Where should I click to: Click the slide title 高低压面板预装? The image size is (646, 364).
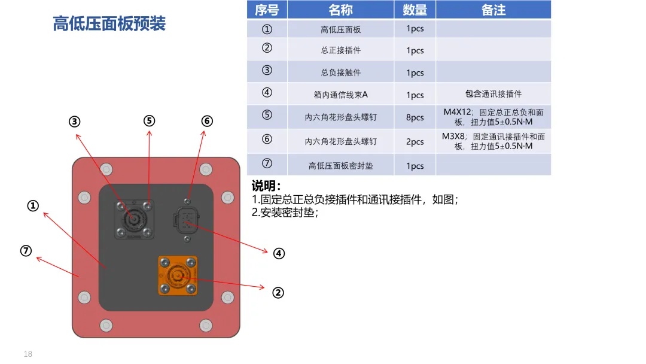[x=109, y=24]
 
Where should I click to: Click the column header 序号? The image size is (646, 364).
[x=267, y=10]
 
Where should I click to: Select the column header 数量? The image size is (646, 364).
[x=415, y=10]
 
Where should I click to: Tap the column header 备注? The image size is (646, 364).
[x=493, y=10]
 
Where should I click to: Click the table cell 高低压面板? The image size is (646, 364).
[x=340, y=29]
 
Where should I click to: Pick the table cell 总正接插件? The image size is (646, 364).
[x=340, y=50]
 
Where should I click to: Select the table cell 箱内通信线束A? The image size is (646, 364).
[x=340, y=95]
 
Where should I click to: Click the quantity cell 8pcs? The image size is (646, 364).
[x=415, y=117]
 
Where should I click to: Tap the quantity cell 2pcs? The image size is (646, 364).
[x=415, y=142]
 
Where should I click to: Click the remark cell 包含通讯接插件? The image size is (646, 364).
[x=493, y=94]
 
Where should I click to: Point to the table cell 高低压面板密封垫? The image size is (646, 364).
[x=340, y=166]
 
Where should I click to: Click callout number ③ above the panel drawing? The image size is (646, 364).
[x=74, y=122]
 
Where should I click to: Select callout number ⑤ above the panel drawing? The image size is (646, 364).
[x=149, y=120]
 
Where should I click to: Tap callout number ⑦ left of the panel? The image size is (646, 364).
[x=26, y=251]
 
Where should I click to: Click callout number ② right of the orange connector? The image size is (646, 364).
[x=278, y=293]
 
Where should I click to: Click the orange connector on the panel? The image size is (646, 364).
[x=177, y=275]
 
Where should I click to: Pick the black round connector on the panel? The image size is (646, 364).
[x=133, y=219]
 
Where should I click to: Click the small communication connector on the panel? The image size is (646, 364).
[x=187, y=220]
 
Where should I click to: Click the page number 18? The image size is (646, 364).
[x=28, y=354]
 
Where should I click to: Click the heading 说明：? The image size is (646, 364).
[x=266, y=186]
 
